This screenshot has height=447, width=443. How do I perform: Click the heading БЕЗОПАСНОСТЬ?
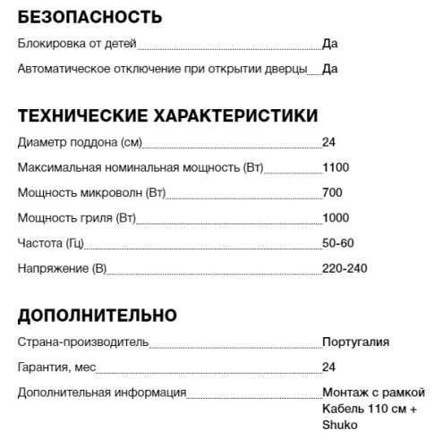89,17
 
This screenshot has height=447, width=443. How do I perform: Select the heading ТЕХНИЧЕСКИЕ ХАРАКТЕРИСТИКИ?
167,116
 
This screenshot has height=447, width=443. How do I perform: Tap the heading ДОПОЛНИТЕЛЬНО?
98,316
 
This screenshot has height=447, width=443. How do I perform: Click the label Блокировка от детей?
76,43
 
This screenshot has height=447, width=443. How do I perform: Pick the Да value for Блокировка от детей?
330,43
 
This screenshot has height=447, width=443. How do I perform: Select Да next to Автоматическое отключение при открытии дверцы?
330,68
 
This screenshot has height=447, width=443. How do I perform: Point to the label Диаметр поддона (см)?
80,142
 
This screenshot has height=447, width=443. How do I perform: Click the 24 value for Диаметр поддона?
328,142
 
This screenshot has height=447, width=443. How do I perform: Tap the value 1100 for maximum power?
336,167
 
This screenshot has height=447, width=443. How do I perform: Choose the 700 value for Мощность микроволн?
332,192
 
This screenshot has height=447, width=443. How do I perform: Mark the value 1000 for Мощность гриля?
336,217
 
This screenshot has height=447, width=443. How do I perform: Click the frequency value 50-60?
338,242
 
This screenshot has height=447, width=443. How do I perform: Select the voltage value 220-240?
345,267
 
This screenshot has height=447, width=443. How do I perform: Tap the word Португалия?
355,342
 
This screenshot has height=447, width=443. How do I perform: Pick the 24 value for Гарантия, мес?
328,367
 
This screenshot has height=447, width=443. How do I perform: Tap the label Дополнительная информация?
102,392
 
